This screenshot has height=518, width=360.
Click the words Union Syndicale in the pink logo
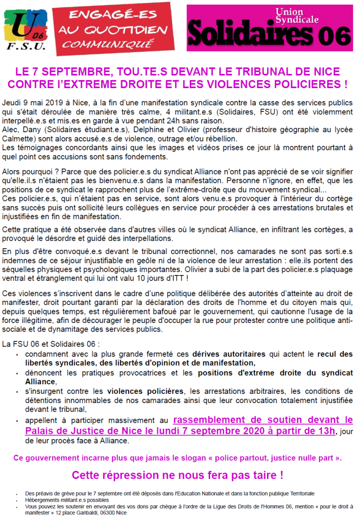tap(297, 15)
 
